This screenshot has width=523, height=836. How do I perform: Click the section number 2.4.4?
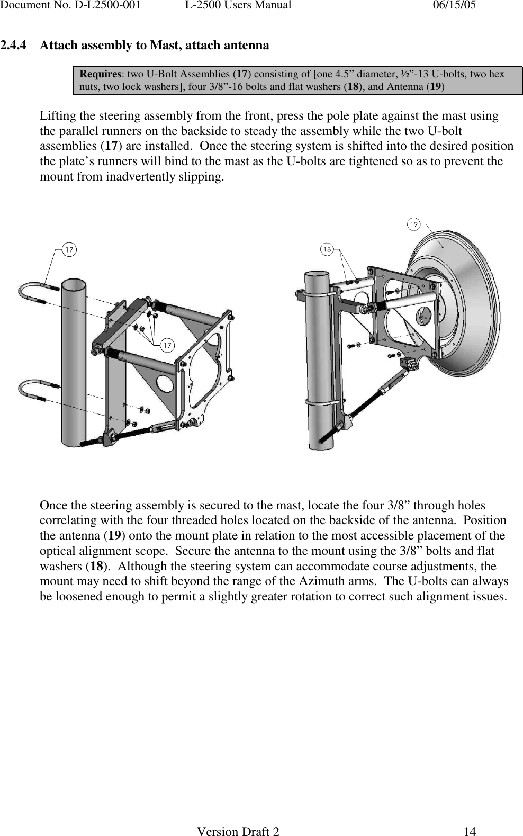pyautogui.click(x=14, y=46)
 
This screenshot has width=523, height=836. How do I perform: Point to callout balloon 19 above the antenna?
pyautogui.click(x=413, y=224)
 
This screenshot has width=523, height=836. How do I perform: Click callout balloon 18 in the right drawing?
pyautogui.click(x=328, y=248)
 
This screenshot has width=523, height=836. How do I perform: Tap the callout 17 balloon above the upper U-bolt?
pyautogui.click(x=69, y=249)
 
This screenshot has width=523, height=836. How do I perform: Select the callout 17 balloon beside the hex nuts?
pyautogui.click(x=167, y=346)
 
